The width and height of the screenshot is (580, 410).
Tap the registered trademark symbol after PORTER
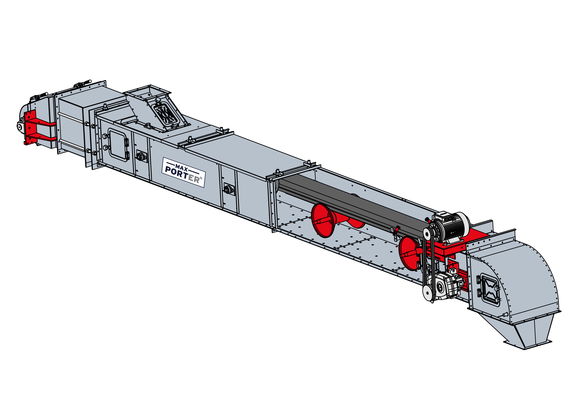point(201,178)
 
